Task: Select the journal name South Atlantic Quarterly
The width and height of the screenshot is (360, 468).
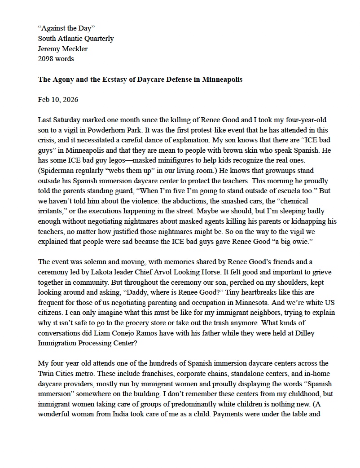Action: point(76,39)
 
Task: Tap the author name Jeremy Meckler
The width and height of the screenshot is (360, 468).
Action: point(63,49)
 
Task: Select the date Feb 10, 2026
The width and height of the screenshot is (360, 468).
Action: point(58,100)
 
